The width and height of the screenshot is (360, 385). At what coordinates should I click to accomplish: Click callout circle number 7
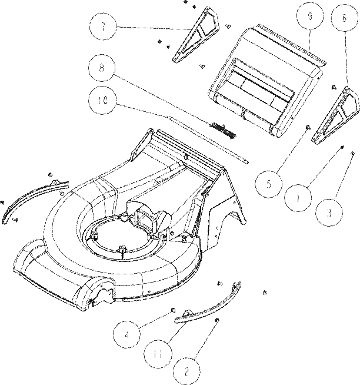point(103,26)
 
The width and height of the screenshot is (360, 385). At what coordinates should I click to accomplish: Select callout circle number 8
point(102,68)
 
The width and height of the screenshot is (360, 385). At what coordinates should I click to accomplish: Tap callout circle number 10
point(102,101)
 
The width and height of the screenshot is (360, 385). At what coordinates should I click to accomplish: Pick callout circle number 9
point(309,15)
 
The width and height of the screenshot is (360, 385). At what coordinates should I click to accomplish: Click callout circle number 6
point(344,18)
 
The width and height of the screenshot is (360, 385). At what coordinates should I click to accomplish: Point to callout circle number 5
point(268,184)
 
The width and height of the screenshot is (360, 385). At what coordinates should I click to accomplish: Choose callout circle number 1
point(298,198)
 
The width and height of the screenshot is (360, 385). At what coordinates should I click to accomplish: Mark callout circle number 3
point(329,213)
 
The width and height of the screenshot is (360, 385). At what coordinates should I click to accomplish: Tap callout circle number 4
point(126,334)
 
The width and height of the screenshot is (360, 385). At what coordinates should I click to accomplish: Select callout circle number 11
point(158,354)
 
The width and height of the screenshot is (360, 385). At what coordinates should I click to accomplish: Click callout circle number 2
point(186,371)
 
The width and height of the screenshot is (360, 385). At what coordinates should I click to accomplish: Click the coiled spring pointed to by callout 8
point(224,130)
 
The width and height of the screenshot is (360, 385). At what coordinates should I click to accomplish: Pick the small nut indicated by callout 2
point(216,320)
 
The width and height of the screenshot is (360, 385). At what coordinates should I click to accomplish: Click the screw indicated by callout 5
point(308,127)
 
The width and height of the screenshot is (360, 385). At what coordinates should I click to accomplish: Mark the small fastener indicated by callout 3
point(352,153)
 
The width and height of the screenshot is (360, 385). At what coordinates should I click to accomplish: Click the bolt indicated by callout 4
point(173,310)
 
